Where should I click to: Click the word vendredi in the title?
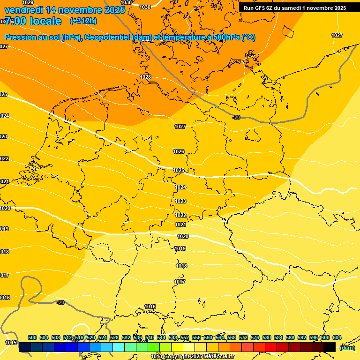pyautogui.click(x=23, y=10)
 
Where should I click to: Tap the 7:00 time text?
pyautogui.click(x=17, y=21)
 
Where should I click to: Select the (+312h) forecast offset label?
pyautogui.click(x=83, y=21)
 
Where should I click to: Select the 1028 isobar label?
pyautogui.click(x=145, y=77)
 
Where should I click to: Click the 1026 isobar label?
pyautogui.click(x=179, y=151)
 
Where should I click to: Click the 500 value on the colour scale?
pyautogui.click(x=32, y=338)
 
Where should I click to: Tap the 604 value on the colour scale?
pyautogui.click(x=337, y=338)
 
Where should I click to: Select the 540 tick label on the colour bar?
pyautogui.click(x=150, y=338)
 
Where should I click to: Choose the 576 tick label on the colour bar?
pyautogui.click(x=255, y=338)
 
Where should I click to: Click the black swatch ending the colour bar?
pyautogui.click(x=330, y=347)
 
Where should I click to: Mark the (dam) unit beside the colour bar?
pyautogui.click(x=347, y=348)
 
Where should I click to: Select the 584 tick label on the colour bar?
pyautogui.click(x=278, y=338)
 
